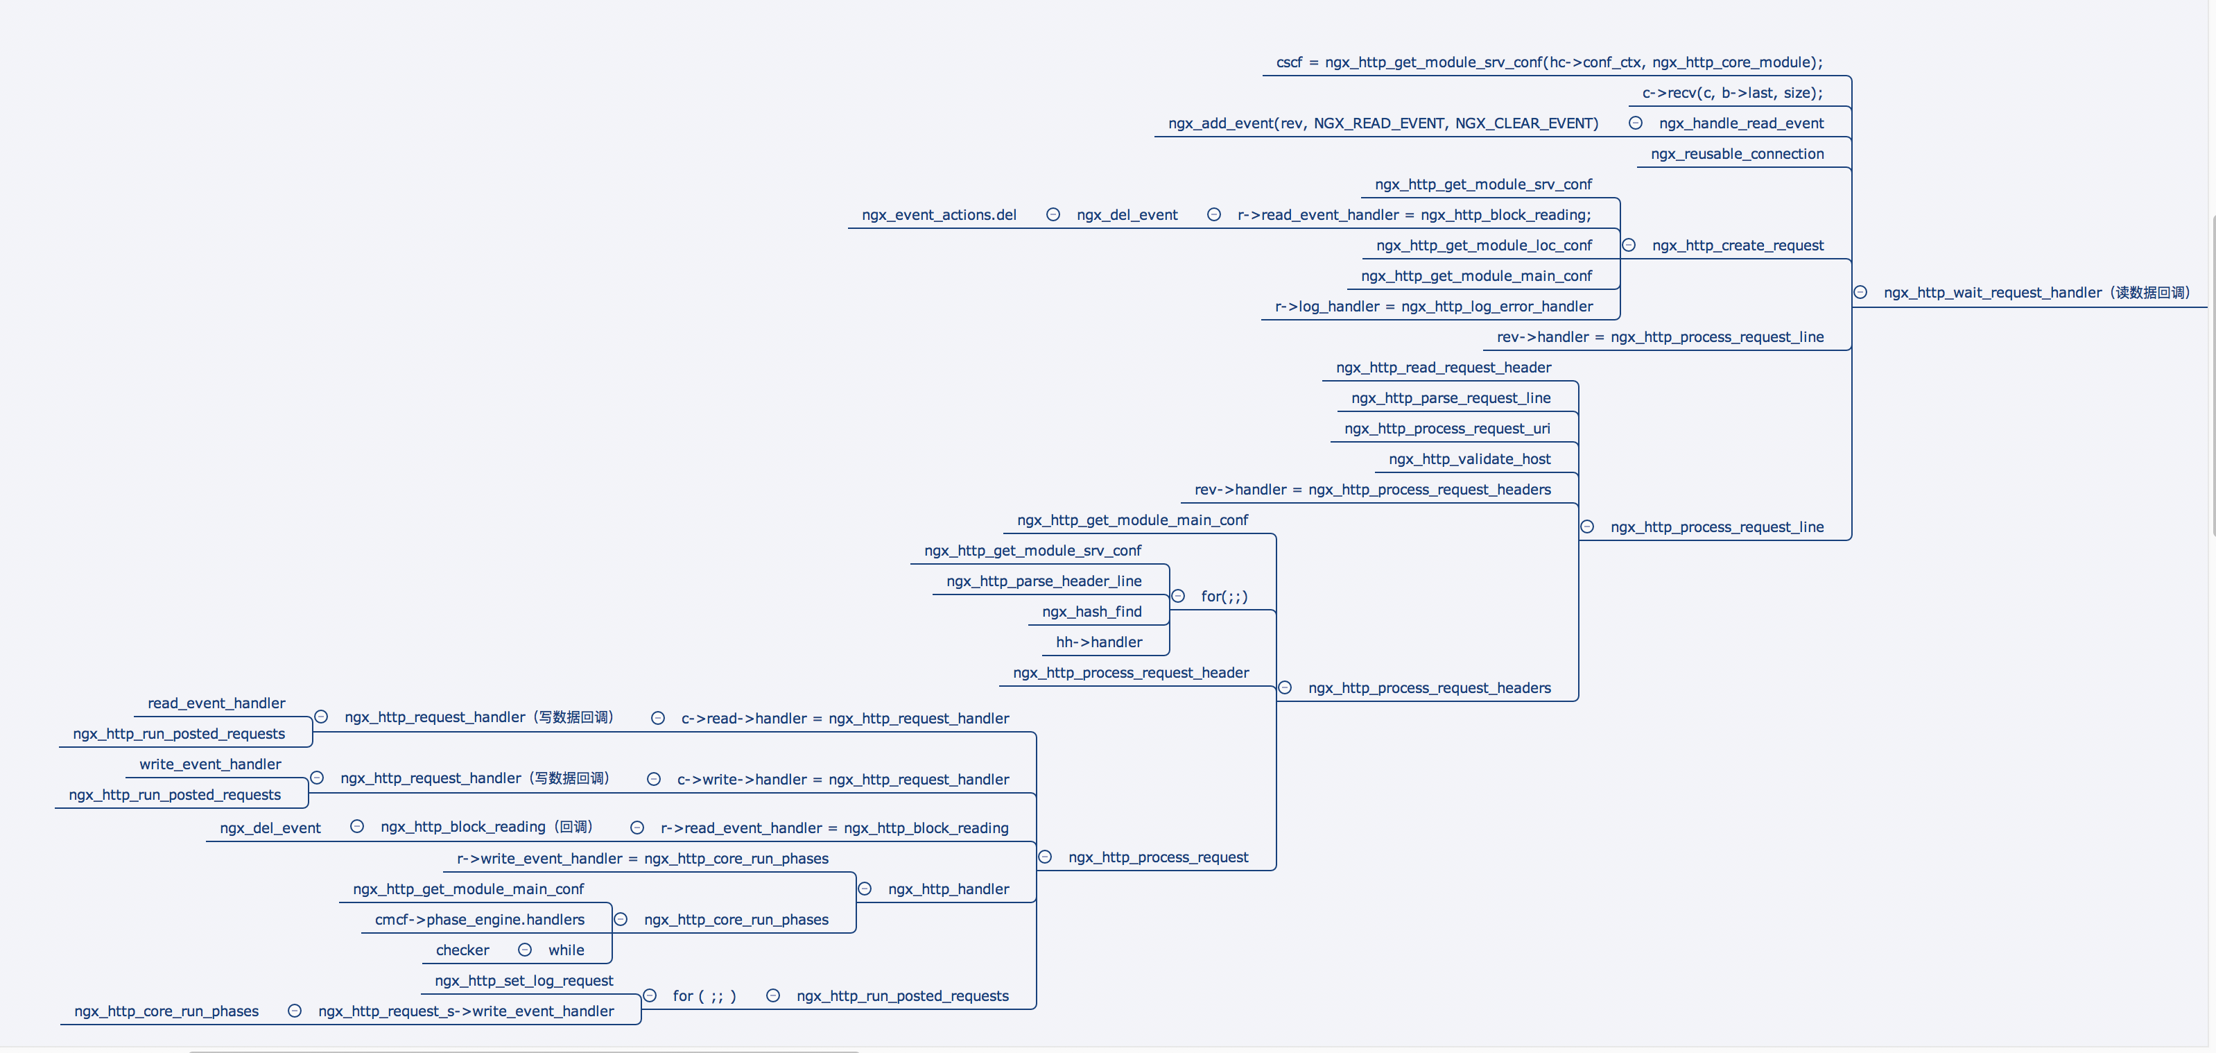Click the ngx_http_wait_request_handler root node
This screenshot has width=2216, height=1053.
tap(2035, 293)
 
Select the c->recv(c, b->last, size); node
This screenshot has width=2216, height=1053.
tap(1731, 93)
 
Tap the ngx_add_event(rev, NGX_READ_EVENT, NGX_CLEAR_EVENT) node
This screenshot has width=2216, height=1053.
tap(1383, 123)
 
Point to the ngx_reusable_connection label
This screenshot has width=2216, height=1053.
tap(1737, 154)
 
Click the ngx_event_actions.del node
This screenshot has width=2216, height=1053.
tap(939, 215)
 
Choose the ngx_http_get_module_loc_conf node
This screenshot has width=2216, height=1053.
tap(1484, 245)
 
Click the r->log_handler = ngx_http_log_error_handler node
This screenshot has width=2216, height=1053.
tap(1433, 307)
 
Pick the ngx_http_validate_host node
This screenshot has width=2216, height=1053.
tap(1469, 459)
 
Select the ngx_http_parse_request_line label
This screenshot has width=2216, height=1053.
tap(1451, 398)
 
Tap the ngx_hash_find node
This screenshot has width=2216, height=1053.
tap(1091, 612)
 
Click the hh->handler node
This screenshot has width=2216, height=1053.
tap(1098, 642)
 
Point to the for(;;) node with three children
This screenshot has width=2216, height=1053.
tap(1223, 596)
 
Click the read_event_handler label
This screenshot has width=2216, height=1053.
tap(216, 703)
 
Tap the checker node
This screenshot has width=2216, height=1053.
tap(462, 950)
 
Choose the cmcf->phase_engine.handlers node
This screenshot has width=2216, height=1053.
tap(479, 920)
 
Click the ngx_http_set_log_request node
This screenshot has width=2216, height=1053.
tap(524, 981)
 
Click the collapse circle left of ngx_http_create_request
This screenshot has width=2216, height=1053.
tap(1629, 245)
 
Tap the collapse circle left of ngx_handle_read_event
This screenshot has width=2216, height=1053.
tap(1636, 123)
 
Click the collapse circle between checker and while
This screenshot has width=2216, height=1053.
tap(525, 950)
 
